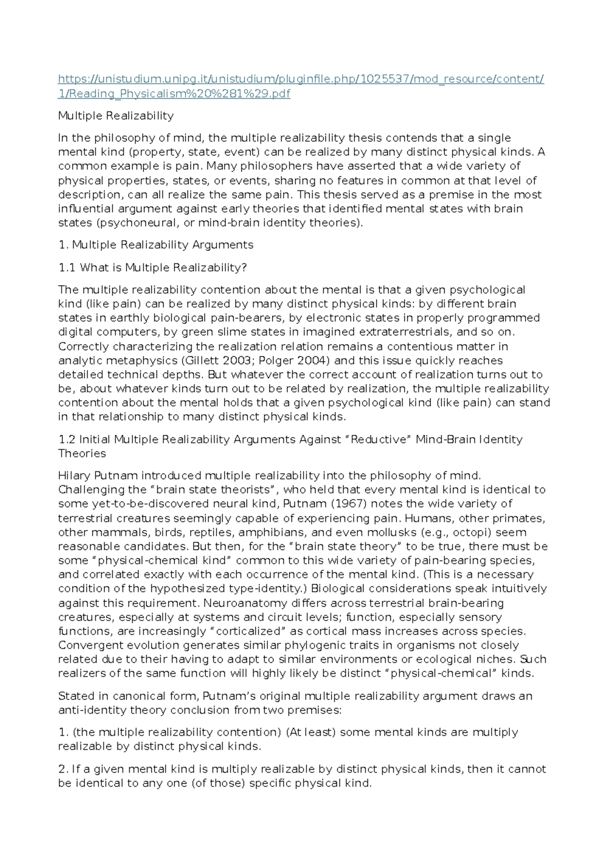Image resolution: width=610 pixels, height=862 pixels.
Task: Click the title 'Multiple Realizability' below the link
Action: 116,116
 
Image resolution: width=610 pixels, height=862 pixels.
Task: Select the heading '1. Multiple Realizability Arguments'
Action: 156,245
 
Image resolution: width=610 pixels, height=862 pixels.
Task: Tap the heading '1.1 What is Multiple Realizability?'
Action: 152,267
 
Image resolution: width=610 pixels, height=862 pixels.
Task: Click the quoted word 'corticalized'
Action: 248,631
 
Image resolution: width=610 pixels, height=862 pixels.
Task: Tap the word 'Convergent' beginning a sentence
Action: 86,645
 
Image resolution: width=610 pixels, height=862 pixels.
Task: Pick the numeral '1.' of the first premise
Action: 63,732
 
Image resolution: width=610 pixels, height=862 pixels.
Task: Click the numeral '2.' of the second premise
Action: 63,769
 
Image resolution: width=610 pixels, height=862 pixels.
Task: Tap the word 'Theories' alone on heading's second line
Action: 82,453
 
